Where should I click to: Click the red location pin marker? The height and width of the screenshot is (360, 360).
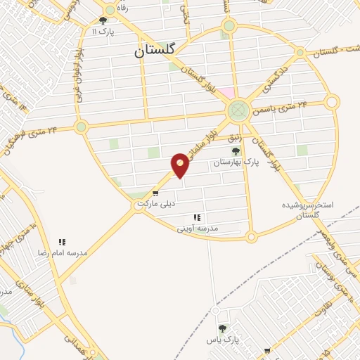point(181,165)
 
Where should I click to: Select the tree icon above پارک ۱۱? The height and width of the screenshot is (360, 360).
point(103,20)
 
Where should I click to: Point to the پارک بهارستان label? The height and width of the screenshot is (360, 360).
point(238,162)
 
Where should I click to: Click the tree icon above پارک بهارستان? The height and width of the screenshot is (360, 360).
point(236,151)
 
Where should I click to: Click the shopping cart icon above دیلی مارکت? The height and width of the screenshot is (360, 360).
point(155,193)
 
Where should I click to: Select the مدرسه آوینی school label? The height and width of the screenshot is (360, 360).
point(198,229)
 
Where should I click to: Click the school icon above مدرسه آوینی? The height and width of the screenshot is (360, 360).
point(197,218)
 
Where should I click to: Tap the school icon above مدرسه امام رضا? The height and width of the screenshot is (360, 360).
point(62,242)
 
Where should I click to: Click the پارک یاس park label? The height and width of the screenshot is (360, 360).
point(223,339)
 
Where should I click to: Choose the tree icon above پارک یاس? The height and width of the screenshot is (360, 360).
point(222,328)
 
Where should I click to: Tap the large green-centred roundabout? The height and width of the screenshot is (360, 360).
point(238,110)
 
